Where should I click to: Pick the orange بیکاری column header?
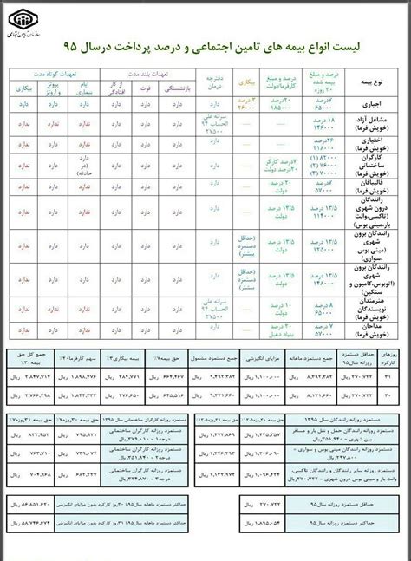(249, 85)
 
